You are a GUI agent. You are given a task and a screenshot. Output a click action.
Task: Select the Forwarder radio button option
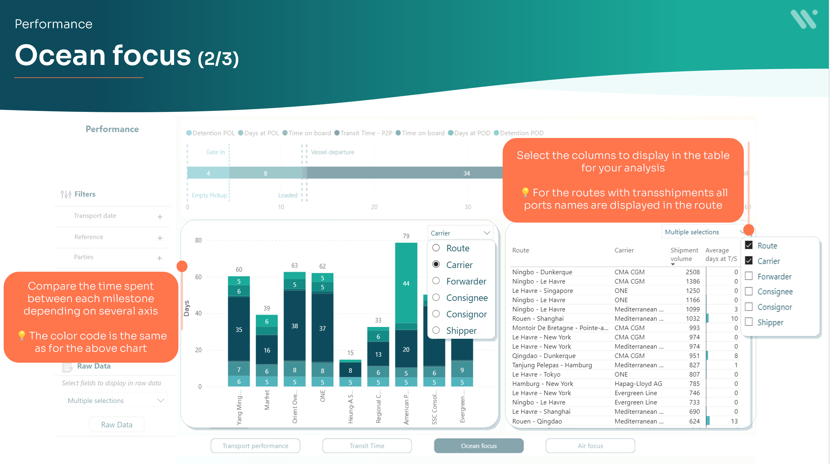(x=436, y=281)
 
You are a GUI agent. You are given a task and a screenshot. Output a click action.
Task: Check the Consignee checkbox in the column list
(x=749, y=291)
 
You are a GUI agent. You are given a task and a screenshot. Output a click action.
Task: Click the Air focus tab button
(x=590, y=446)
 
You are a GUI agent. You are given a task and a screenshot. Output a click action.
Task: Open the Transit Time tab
(x=367, y=446)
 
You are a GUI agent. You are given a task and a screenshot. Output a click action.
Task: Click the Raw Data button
(x=116, y=425)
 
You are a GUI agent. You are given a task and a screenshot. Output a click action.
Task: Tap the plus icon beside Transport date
(x=160, y=217)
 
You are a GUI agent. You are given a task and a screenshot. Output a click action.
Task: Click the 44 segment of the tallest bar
(x=406, y=283)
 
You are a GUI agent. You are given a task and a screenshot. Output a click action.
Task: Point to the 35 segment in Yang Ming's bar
(x=239, y=329)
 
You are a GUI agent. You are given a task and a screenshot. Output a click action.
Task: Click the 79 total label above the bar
(x=406, y=236)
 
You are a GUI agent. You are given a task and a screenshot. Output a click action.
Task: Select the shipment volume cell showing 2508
(x=692, y=272)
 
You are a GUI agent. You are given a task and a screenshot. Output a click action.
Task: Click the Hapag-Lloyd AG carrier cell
(x=638, y=384)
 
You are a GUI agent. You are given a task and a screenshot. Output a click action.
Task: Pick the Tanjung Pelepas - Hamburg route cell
(x=552, y=365)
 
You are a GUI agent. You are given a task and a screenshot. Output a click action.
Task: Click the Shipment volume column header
(x=684, y=254)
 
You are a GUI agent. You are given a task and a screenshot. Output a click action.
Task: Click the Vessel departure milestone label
(x=332, y=152)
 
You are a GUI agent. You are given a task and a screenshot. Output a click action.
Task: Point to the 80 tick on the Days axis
(x=198, y=240)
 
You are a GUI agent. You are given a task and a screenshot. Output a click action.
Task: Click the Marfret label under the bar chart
(x=267, y=400)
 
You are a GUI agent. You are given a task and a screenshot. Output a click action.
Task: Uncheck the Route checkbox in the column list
(x=749, y=245)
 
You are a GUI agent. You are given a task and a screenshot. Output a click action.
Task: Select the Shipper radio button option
(x=436, y=330)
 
